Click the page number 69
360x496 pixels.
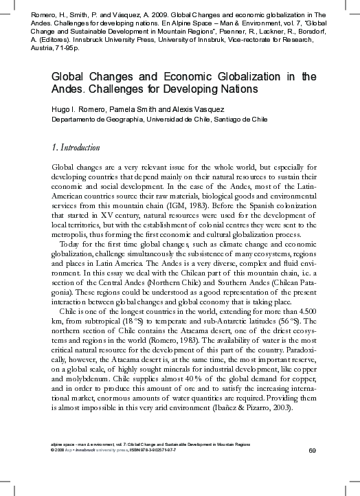pyautogui.click(x=312, y=450)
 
